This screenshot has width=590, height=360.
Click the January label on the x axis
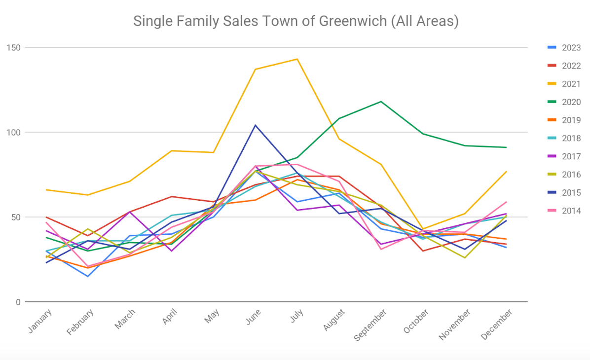click(40, 321)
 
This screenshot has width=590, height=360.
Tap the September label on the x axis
click(370, 325)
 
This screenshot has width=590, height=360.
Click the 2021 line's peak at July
click(297, 59)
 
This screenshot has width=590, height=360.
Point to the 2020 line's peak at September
click(381, 102)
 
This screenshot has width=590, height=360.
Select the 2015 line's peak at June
click(255, 125)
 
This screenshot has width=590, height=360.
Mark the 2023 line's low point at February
click(88, 276)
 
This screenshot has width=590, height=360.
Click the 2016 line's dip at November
click(464, 257)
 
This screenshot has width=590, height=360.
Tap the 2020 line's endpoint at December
click(506, 147)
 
